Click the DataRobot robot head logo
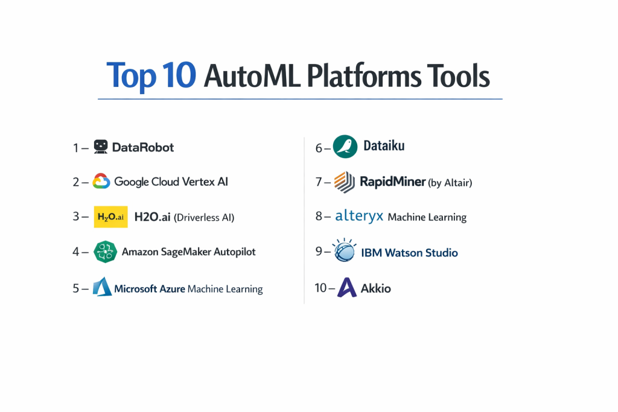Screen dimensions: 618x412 coord(101,147)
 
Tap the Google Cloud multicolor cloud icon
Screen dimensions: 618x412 coord(101,181)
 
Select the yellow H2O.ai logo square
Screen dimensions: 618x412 coord(110,217)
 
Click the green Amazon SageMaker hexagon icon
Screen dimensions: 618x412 coord(105,252)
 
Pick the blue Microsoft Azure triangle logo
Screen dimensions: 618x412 coord(102,287)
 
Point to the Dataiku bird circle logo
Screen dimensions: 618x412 coord(345,147)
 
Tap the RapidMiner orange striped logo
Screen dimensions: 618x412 coord(345,182)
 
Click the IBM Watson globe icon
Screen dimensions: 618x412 coord(344,250)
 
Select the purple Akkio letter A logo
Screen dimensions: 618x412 coord(347,287)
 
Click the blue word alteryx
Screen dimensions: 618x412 coord(359,216)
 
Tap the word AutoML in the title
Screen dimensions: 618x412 coord(252,75)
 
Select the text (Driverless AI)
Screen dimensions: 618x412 coord(204,217)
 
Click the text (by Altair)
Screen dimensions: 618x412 coord(450,183)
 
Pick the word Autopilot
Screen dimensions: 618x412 coord(235,252)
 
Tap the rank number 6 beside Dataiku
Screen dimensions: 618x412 coord(319,148)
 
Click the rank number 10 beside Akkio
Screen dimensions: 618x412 coord(320,288)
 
